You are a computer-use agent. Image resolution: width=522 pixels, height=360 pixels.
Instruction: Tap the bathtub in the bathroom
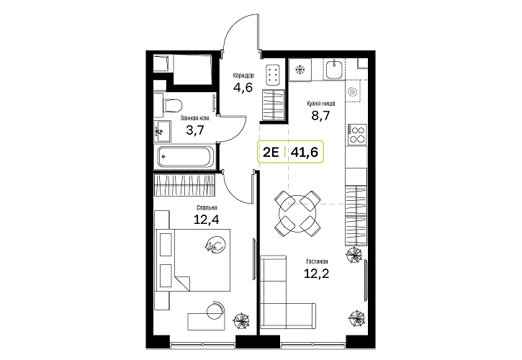[x=186, y=156]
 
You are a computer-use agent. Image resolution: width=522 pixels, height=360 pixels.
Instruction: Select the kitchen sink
[x=334, y=69]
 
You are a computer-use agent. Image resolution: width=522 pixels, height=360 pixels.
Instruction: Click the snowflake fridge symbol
[x=300, y=70]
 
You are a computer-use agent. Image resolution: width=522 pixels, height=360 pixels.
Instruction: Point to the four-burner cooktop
[x=356, y=134]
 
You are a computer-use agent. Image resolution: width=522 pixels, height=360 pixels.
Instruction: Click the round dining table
[x=297, y=214]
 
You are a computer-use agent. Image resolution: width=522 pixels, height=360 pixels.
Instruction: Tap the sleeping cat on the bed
[x=216, y=245]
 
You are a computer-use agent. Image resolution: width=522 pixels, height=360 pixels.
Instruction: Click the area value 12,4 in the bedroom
[x=206, y=220]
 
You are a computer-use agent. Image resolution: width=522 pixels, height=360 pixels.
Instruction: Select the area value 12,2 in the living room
[x=316, y=274]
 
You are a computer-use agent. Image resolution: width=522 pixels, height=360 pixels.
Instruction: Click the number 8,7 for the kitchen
[x=320, y=115]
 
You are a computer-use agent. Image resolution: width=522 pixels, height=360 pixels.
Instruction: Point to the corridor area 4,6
[x=243, y=88]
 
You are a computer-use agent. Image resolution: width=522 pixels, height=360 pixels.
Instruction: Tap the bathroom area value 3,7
[x=194, y=130]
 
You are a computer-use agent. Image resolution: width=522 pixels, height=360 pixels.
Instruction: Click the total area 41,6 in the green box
[x=305, y=152]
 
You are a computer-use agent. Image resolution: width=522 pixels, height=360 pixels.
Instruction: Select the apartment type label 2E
[x=271, y=152]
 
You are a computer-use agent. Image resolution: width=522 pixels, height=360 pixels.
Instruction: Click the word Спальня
[x=207, y=208]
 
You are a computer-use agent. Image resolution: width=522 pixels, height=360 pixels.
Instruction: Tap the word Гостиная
[x=318, y=262]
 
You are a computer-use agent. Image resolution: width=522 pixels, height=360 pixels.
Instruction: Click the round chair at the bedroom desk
[x=215, y=311]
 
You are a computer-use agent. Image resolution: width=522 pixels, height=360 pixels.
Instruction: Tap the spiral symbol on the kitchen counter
[x=352, y=91]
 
